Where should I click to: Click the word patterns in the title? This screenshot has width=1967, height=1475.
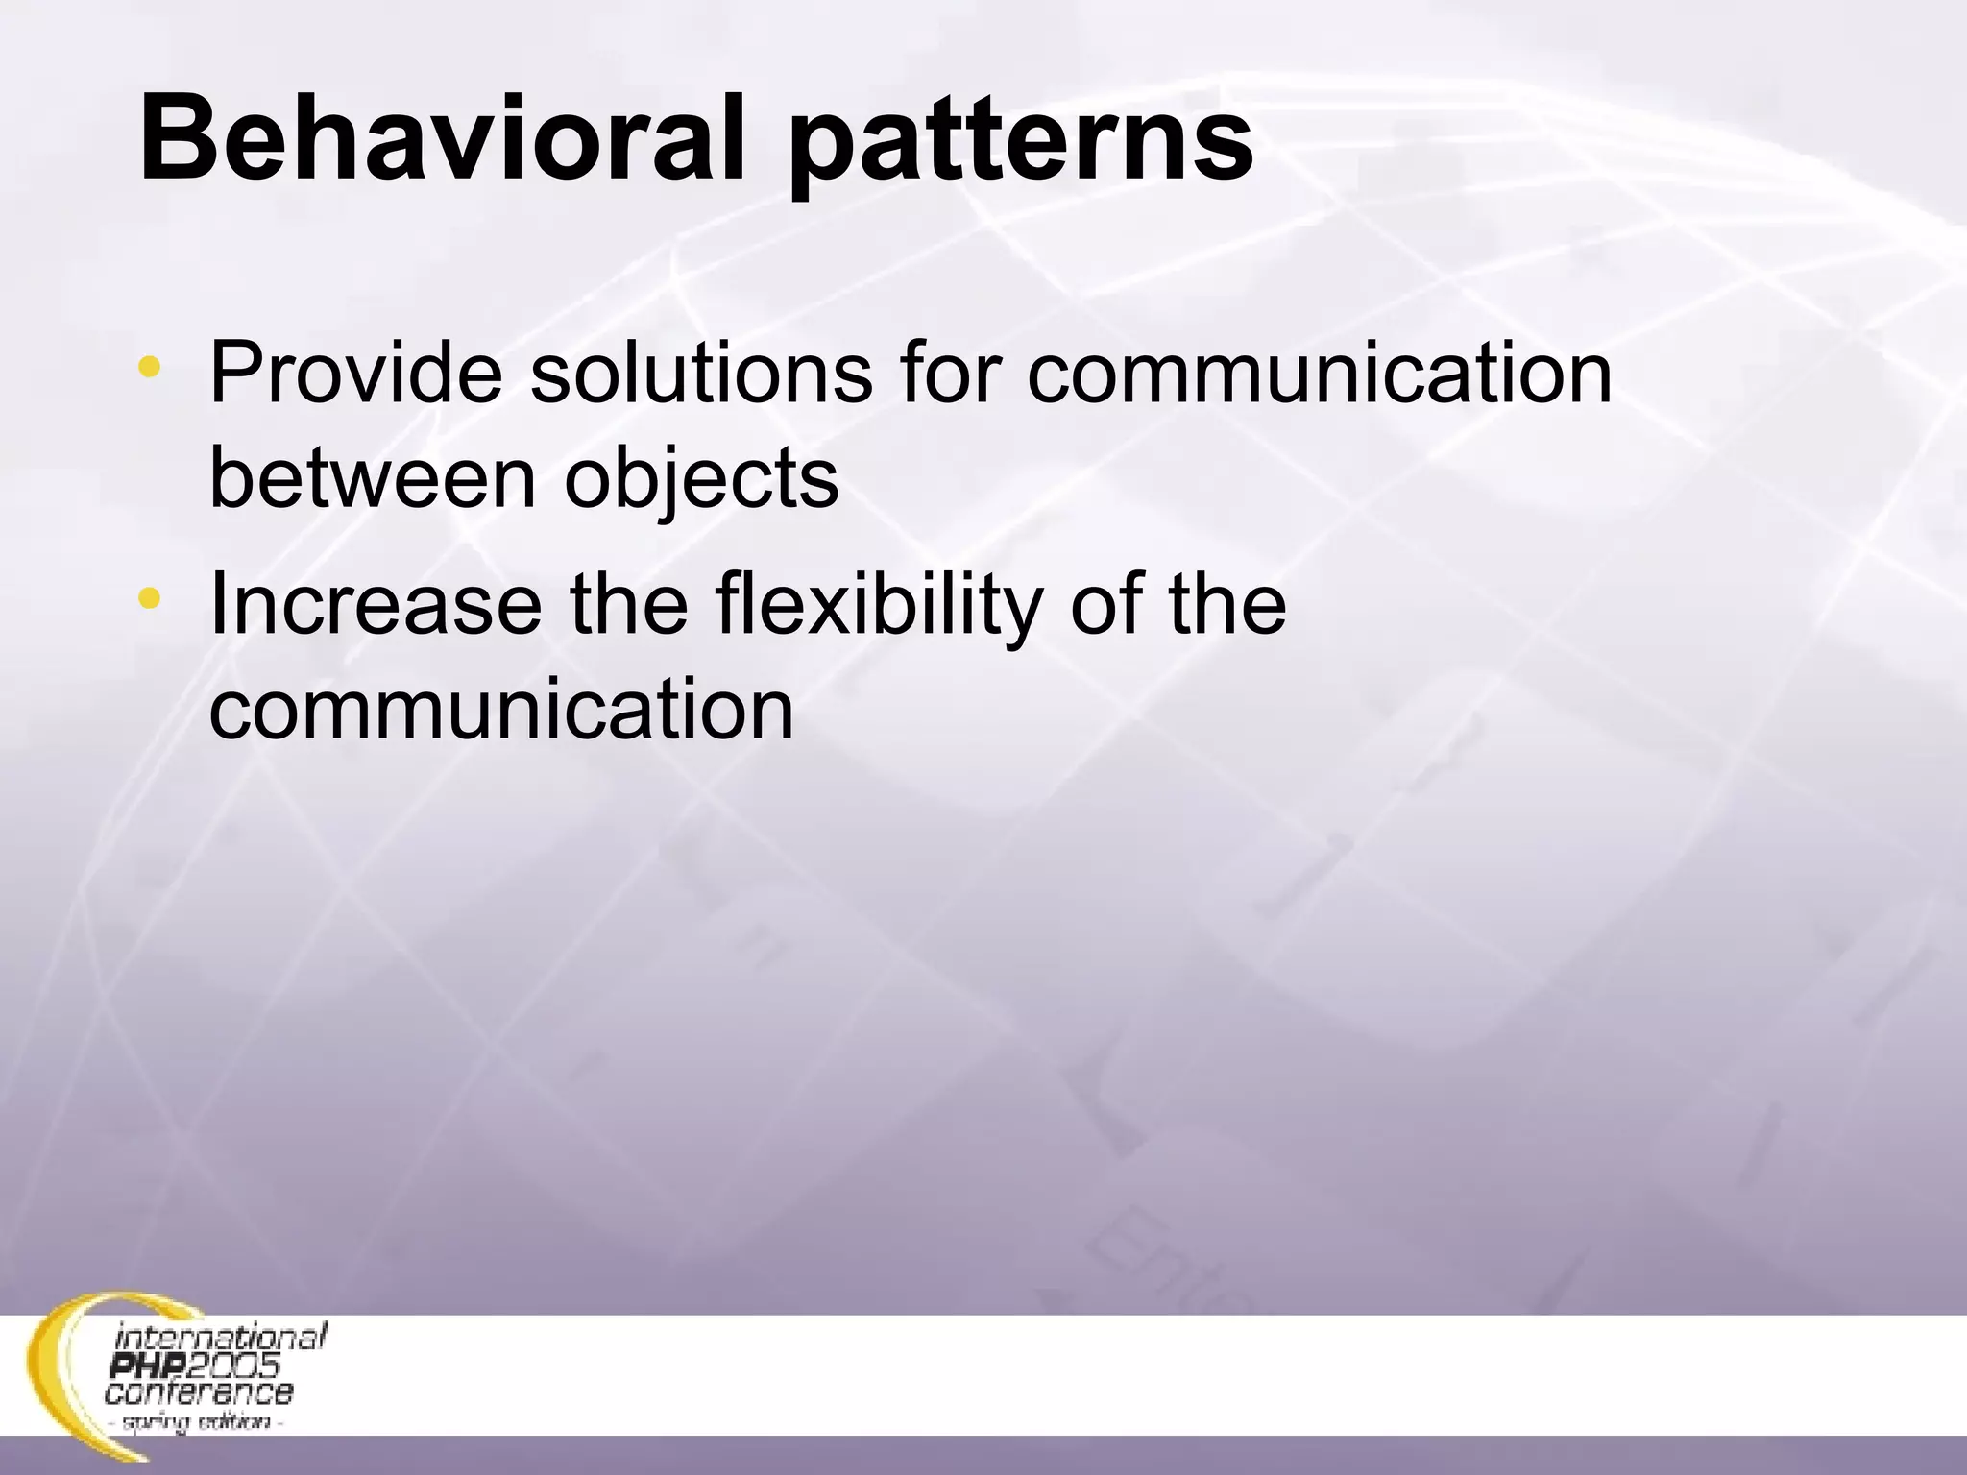[1021, 144]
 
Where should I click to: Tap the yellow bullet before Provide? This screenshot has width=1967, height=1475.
[149, 367]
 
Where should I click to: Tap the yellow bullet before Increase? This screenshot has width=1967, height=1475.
[149, 600]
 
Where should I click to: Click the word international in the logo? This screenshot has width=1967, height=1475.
[221, 1337]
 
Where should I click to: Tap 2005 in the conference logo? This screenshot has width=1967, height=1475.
[231, 1365]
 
